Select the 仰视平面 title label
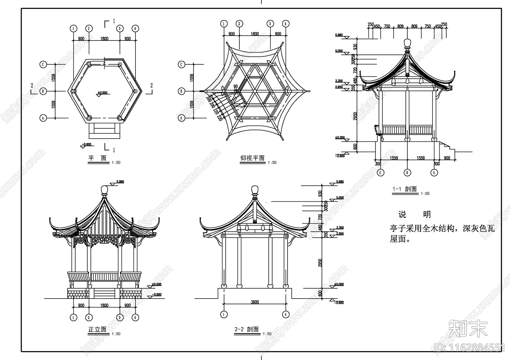pyautogui.click(x=252, y=158)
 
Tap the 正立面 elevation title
pyautogui.click(x=97, y=329)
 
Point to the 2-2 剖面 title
pyautogui.click(x=246, y=329)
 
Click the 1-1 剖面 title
pyautogui.click(x=404, y=189)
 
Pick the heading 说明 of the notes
pyautogui.click(x=414, y=214)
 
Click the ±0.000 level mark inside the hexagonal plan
pyautogui.click(x=102, y=93)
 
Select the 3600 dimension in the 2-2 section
pyautogui.click(x=255, y=302)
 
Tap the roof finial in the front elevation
pyautogui.click(x=104, y=191)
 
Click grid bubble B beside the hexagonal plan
pyautogui.click(x=43, y=91)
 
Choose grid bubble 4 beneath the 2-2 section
pyautogui.click(x=286, y=314)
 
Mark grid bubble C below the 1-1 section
pyautogui.click(x=380, y=173)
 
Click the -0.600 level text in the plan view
pyautogui.click(x=87, y=144)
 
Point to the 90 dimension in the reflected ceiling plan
pyautogui.click(x=236, y=86)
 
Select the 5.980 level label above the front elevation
pyautogui.click(x=120, y=182)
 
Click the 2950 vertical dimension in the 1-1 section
pyautogui.click(x=355, y=116)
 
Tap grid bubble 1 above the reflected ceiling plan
pyautogui.click(x=224, y=24)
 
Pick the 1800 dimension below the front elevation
pyautogui.click(x=104, y=305)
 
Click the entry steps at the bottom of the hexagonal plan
pyautogui.click(x=104, y=131)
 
